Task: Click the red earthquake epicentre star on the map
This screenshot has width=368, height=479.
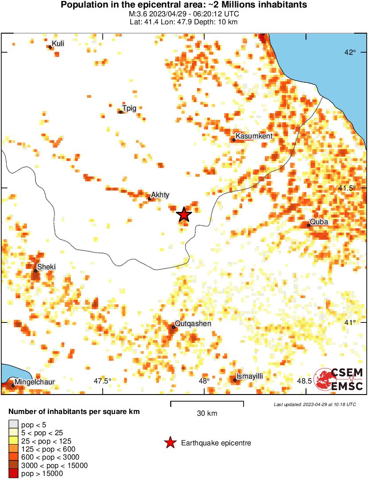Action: point(184,215)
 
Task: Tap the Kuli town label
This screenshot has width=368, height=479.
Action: point(58,44)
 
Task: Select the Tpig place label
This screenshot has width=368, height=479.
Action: point(129,108)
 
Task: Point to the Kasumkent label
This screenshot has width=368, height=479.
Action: point(254,136)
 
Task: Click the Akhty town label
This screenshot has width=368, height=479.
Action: point(160,195)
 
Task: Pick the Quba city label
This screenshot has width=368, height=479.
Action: point(319,222)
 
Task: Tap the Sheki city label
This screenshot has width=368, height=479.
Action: point(46,267)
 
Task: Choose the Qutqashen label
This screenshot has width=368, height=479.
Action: point(193,324)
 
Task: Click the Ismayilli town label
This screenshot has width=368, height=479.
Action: point(250,376)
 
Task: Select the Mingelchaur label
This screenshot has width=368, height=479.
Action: point(35,382)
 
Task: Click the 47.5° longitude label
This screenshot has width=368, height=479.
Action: point(103,381)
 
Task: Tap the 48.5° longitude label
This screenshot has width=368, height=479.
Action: point(305,381)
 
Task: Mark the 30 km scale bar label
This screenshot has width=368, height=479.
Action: point(207,414)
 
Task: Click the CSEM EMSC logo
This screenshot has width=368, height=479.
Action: point(339,379)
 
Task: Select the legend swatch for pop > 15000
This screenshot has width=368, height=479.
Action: point(13,474)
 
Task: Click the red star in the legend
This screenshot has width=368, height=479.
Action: point(170,443)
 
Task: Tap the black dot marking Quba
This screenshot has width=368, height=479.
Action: point(309,225)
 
